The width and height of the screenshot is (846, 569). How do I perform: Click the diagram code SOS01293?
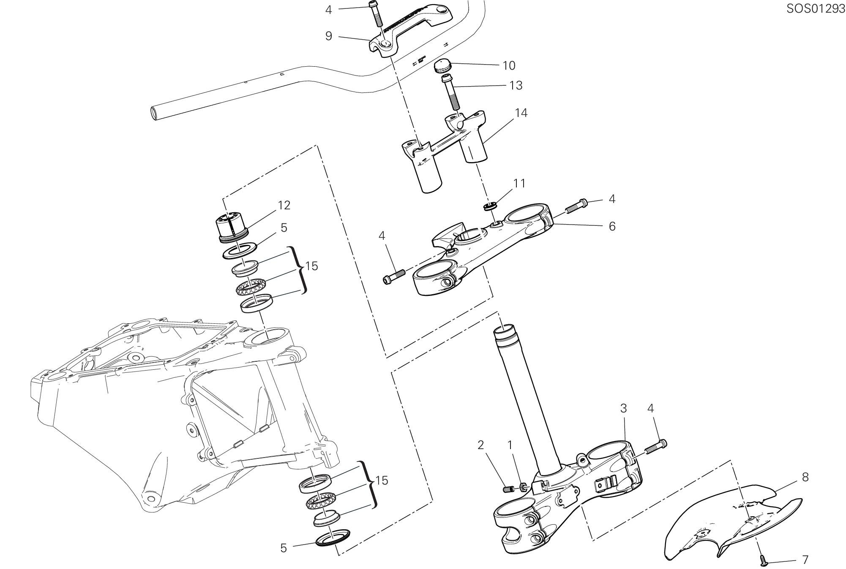tap(815, 9)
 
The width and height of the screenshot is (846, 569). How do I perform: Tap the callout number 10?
tap(509, 65)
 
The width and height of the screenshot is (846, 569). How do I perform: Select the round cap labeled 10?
tap(442, 66)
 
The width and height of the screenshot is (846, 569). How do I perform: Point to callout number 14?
tap(521, 113)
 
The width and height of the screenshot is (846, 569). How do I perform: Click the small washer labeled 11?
tap(490, 206)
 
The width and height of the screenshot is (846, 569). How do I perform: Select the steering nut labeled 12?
tap(232, 230)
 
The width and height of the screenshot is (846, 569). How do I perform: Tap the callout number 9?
tap(329, 36)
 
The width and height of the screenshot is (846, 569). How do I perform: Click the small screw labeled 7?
tap(763, 561)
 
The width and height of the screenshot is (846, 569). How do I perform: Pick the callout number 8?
tap(805, 477)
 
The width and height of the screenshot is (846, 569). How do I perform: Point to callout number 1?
tap(510, 445)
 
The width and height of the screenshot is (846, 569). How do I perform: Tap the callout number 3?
tap(623, 408)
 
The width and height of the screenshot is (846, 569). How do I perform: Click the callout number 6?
tap(612, 226)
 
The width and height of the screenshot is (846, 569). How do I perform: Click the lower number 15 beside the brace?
tap(382, 480)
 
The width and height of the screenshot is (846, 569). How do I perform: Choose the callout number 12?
tap(284, 205)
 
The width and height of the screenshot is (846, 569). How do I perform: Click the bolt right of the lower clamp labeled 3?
tap(656, 446)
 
